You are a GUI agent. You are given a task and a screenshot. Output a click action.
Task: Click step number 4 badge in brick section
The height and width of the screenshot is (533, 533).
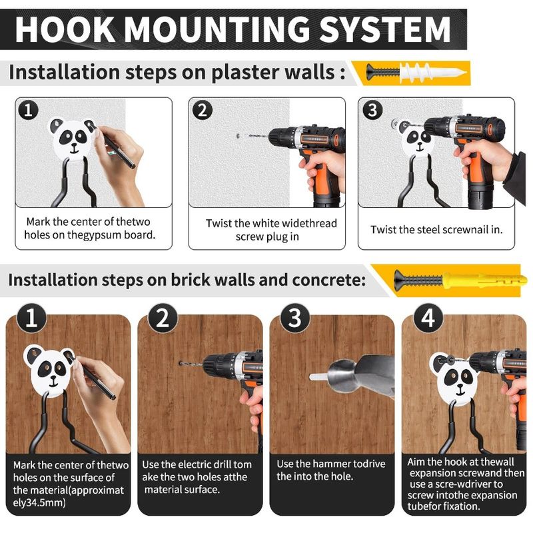[427, 318]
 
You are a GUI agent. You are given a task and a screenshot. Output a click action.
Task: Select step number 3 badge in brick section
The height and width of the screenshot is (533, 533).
[294, 318]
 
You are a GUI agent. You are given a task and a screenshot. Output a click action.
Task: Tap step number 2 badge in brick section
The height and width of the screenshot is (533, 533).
[163, 318]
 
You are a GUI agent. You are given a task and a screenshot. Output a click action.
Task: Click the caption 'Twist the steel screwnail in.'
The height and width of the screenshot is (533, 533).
[436, 229]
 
